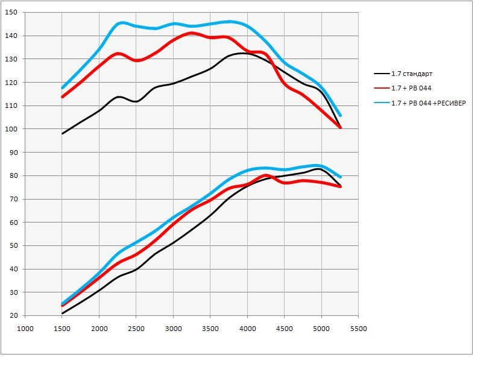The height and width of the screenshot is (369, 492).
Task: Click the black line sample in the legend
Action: click(382, 74)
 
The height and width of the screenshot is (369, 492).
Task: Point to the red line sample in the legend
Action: click(382, 89)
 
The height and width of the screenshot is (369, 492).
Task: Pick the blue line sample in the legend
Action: click(382, 103)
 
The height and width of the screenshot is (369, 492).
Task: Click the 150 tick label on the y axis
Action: click(11, 13)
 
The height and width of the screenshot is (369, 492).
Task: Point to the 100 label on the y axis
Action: click(11, 129)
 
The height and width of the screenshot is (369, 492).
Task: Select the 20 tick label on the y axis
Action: click(13, 316)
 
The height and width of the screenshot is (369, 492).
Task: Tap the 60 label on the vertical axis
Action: click(13, 222)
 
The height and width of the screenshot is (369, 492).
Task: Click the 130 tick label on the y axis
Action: click(11, 59)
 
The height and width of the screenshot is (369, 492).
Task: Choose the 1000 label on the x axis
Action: click(25, 329)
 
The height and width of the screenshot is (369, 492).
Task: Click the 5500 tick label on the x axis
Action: click(358, 329)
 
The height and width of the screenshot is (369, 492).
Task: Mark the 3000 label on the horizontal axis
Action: click(173, 329)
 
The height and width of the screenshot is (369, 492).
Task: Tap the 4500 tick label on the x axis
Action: click(284, 329)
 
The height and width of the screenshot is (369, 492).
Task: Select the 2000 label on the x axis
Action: click(99, 329)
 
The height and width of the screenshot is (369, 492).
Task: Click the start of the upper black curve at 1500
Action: click(62, 133)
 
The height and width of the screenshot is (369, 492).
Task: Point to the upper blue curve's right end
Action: click(340, 115)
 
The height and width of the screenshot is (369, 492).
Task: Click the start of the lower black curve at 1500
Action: click(62, 314)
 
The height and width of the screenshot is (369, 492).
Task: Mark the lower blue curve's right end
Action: click(340, 177)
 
